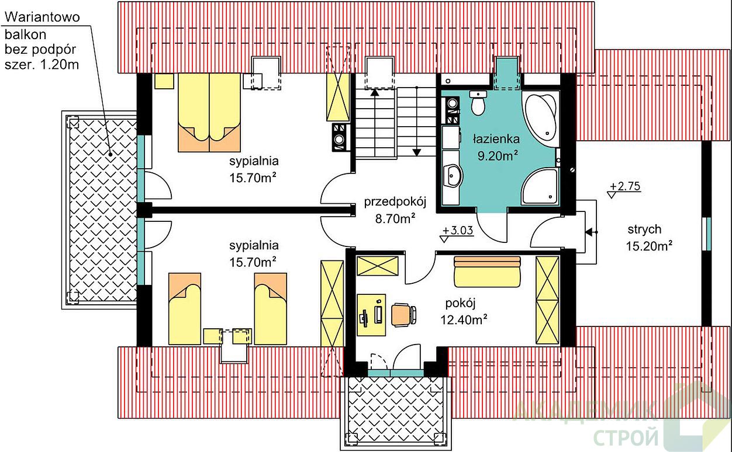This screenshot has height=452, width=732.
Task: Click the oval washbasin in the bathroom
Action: point(453,176)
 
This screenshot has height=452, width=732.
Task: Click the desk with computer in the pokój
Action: point(371,315)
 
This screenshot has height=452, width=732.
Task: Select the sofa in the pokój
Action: point(487,272)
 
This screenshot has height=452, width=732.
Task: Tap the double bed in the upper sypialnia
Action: point(209,113)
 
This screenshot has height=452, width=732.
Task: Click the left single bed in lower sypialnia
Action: point(185,309)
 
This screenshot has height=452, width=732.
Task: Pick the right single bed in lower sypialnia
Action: point(271,309)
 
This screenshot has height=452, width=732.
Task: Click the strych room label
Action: point(644,230)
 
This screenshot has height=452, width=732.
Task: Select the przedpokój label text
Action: point(395,202)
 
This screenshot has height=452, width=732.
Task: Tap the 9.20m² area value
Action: point(498,156)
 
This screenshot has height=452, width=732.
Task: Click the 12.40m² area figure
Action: point(464,319)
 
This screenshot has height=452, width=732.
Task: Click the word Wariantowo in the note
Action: point(42,17)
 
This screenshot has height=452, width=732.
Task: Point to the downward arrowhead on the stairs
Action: point(417,152)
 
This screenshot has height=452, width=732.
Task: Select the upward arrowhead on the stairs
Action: point(375,92)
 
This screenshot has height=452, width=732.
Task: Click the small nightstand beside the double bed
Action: point(164,81)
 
